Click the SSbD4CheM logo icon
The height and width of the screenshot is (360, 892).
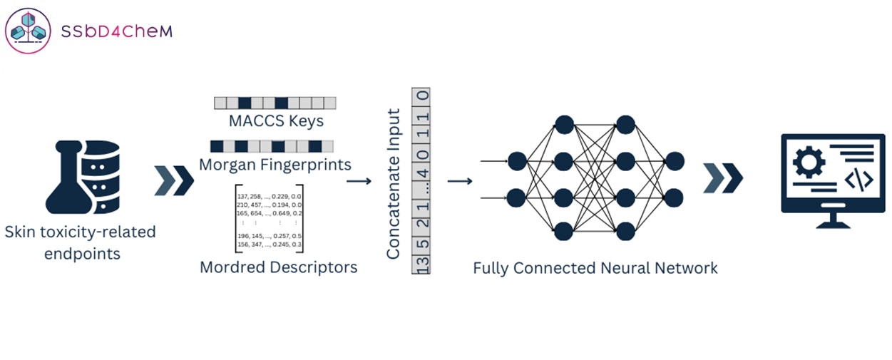click(29, 31)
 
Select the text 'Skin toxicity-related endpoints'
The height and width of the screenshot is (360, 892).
click(80, 242)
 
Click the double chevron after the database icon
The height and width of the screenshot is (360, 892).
click(174, 180)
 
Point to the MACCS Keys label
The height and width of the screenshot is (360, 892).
click(276, 120)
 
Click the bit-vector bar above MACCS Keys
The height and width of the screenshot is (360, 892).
click(275, 103)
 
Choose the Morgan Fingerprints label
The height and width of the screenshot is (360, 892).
click(275, 165)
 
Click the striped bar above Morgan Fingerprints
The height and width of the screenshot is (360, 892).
click(275, 146)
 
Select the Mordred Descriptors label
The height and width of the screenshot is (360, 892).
click(278, 267)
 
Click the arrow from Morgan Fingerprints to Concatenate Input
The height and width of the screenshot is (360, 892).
click(359, 181)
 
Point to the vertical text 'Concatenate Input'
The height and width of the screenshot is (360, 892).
click(393, 184)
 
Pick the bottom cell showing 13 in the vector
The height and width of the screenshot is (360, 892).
click(422, 265)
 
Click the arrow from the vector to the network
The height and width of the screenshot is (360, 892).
click(460, 180)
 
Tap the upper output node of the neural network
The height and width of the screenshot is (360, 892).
click(675, 161)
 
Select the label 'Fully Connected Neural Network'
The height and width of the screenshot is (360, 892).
click(595, 268)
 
